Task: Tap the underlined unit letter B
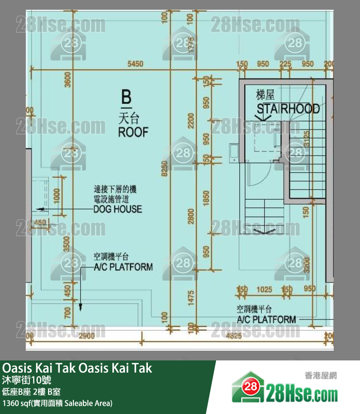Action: tap(126, 97)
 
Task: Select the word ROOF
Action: tap(133, 132)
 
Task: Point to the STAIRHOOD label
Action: tap(288, 108)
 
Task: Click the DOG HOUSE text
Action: tap(118, 209)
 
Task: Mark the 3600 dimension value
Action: tap(68, 79)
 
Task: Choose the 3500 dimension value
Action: tap(68, 245)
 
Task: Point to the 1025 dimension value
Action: tap(264, 289)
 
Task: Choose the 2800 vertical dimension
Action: tap(191, 217)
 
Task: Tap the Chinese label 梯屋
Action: tap(266, 95)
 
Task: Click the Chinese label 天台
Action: tap(128, 117)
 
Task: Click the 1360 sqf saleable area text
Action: tap(57, 403)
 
